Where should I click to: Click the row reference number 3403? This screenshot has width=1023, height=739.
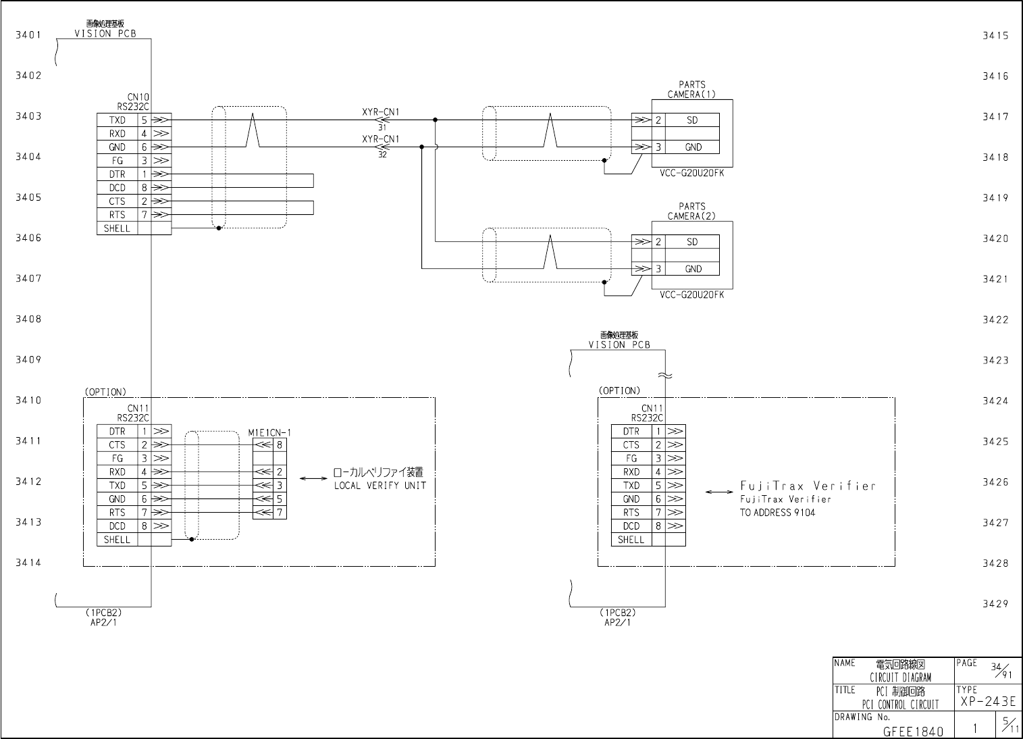(28, 116)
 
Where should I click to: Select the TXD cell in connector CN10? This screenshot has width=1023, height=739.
(117, 120)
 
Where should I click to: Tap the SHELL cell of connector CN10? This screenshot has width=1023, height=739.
(117, 228)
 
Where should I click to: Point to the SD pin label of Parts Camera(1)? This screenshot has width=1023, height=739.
(692, 120)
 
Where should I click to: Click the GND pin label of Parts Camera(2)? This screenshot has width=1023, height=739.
(693, 269)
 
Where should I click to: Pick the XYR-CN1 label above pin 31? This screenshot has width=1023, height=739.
(380, 112)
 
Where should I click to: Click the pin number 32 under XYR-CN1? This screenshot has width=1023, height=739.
(382, 155)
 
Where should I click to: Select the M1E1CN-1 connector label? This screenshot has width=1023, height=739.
(269, 432)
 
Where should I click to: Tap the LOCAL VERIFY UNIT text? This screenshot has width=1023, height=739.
(380, 486)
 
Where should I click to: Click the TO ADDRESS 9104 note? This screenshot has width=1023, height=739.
(777, 513)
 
